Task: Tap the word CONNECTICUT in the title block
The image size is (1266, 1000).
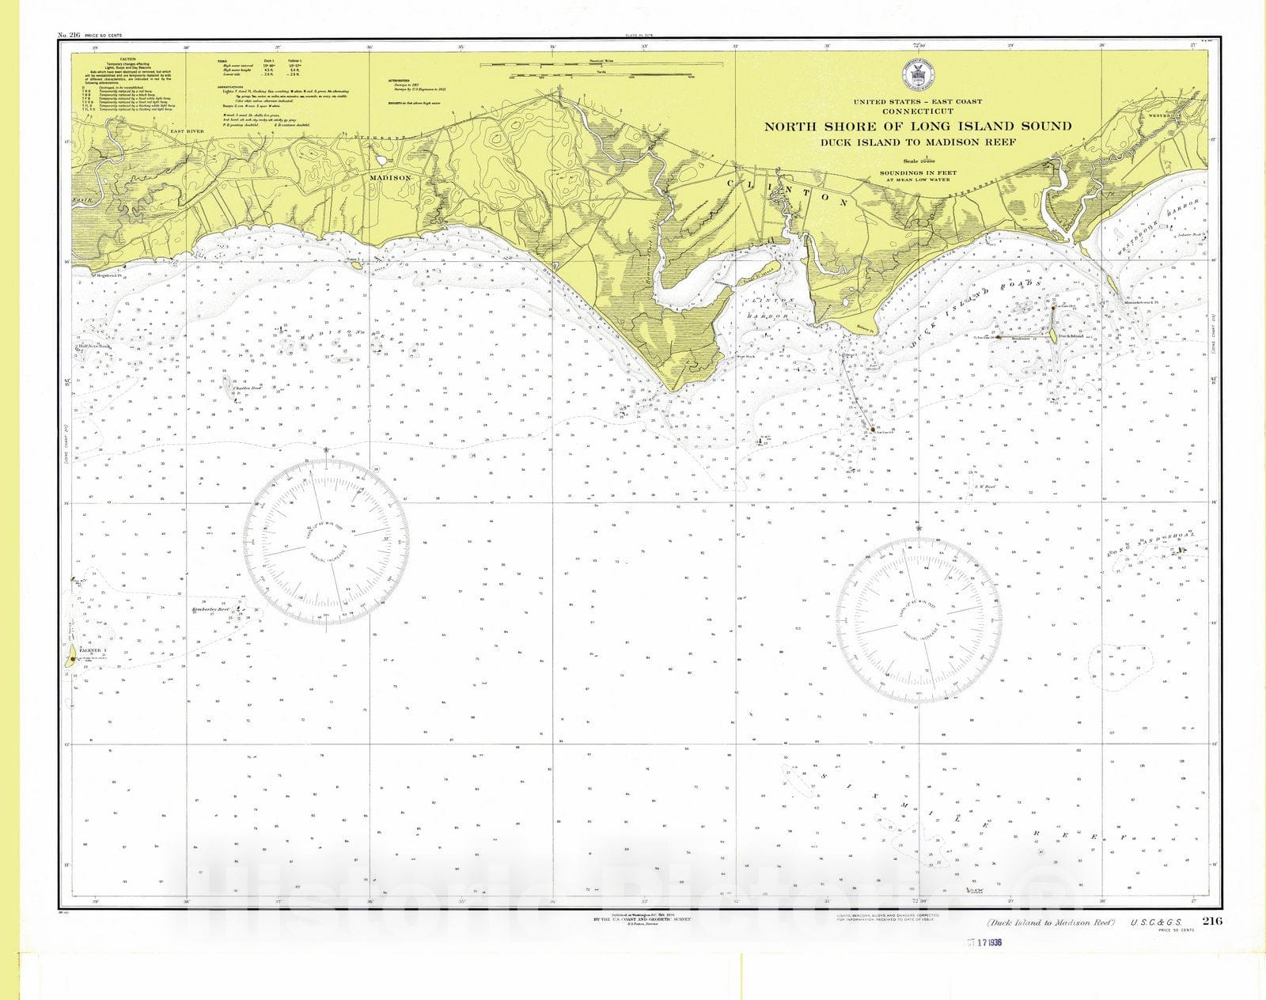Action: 917,112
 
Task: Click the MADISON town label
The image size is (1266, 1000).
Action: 390,178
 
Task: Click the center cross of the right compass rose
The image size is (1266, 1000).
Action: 918,620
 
